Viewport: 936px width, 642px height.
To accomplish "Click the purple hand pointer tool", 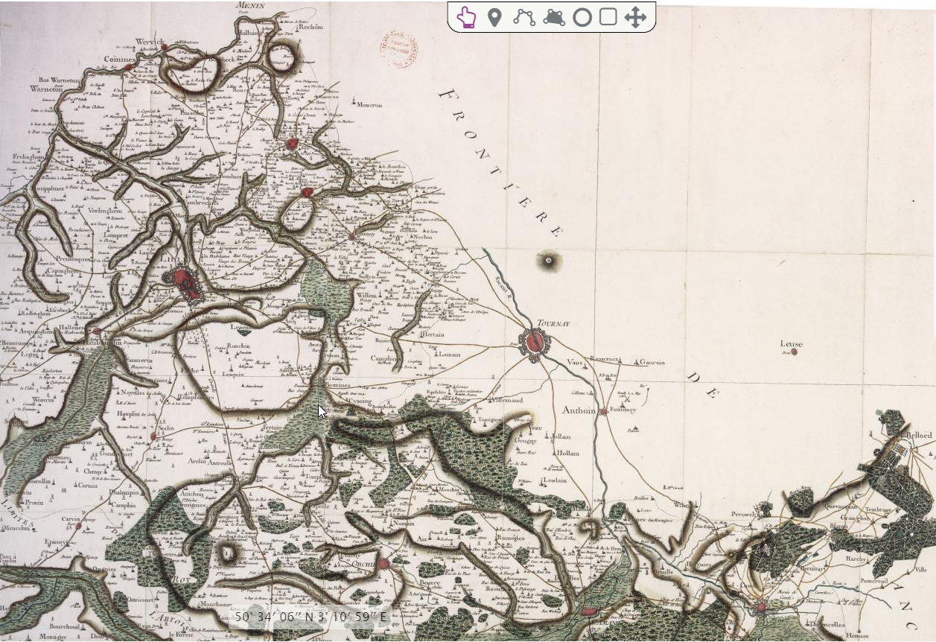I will tap(466, 17).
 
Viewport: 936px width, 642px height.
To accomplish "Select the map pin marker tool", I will tap(494, 17).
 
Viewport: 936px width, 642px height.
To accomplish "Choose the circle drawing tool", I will tap(582, 17).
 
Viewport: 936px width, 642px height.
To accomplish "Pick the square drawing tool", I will tap(608, 17).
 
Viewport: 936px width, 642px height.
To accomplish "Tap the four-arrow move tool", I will tap(634, 17).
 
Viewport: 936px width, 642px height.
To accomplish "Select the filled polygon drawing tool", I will tap(554, 17).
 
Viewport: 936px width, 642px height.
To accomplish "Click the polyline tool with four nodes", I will tap(524, 17).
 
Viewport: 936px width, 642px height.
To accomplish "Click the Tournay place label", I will tap(553, 324).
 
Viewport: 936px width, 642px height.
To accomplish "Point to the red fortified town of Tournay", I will tap(534, 343).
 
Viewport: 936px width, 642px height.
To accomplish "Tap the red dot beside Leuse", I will tap(795, 352).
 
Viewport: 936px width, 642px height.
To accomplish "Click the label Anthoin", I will tap(579, 410).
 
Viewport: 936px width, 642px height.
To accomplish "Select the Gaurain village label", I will tap(652, 363).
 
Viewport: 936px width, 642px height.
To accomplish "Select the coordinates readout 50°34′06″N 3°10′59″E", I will tap(311, 617).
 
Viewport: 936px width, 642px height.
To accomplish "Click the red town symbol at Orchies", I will tap(383, 564).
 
